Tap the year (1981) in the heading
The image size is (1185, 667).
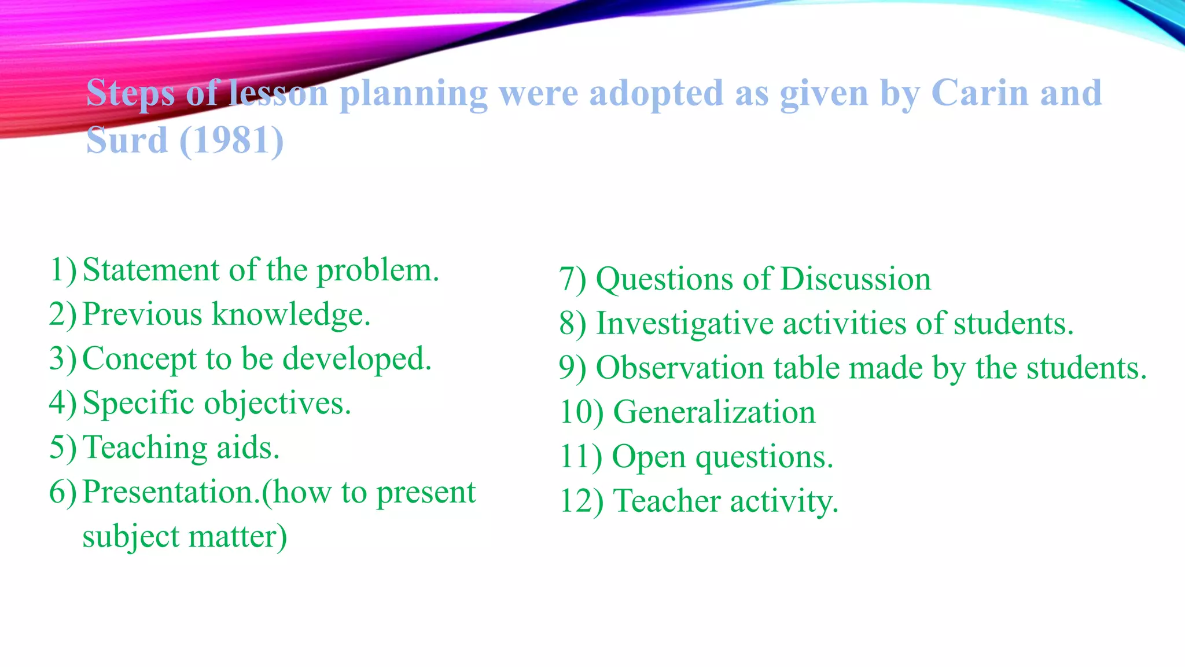click(x=231, y=140)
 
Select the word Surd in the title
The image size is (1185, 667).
click(x=127, y=140)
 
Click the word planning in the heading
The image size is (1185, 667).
click(x=413, y=94)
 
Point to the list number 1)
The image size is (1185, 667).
click(x=62, y=270)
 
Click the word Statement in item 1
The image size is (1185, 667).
click(x=151, y=270)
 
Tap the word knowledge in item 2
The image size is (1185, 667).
click(x=291, y=316)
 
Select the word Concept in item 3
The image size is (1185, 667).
click(x=139, y=359)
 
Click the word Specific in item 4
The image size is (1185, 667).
click(x=138, y=403)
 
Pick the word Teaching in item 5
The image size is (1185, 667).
click(x=145, y=448)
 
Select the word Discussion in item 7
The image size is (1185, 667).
click(x=855, y=279)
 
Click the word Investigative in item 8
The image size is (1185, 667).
click(x=684, y=323)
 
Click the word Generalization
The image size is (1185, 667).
click(x=714, y=412)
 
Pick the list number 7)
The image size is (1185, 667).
click(x=572, y=280)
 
